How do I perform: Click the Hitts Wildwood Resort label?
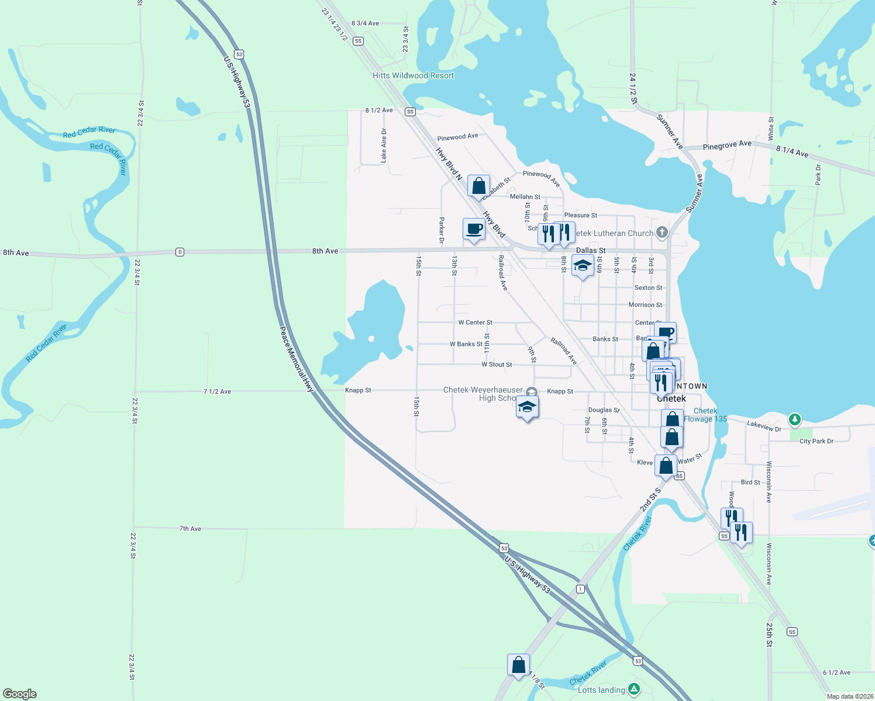(413, 75)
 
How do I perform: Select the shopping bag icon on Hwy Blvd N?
(478, 187)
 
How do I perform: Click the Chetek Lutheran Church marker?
(662, 232)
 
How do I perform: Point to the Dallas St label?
(591, 250)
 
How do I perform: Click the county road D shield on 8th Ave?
(180, 252)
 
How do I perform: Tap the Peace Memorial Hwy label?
(296, 359)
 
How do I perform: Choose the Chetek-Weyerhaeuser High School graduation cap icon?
(527, 407)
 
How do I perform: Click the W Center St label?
(475, 322)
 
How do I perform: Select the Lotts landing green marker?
(633, 689)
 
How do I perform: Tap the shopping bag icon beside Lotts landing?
(518, 665)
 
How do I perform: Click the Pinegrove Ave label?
(727, 145)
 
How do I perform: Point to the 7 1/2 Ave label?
(217, 391)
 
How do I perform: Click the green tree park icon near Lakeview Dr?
(794, 419)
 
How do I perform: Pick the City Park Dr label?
(816, 441)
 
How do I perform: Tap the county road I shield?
(580, 589)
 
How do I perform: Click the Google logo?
(20, 693)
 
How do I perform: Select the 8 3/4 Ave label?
(365, 23)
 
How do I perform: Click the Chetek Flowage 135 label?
(705, 415)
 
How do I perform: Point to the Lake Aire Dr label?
(384, 145)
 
